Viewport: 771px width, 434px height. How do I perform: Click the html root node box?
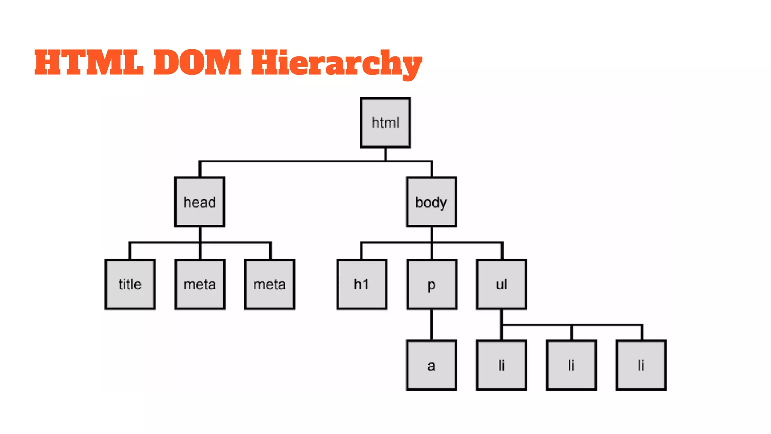pos(385,123)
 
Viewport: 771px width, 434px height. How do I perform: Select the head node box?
pos(200,202)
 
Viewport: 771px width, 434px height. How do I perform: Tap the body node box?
pos(431,202)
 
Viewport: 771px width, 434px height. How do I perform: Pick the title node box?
pos(130,284)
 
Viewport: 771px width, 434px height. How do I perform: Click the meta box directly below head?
pos(200,284)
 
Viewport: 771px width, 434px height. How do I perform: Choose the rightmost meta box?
pos(270,284)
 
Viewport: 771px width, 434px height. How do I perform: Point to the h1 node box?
pos(361,284)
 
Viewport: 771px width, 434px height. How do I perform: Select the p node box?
pos(432,284)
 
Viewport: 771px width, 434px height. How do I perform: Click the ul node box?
pos(501,284)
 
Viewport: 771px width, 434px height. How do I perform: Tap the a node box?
pos(431,365)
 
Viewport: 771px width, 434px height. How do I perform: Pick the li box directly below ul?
pos(501,365)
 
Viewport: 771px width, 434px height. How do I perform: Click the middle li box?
pos(571,365)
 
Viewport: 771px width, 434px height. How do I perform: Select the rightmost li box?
pos(641,365)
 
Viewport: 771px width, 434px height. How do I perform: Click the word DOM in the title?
pos(197,63)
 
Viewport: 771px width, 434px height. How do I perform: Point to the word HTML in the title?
pos(89,63)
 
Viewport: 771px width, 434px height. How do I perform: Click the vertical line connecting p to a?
pos(431,325)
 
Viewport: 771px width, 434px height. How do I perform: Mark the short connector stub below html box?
pos(385,154)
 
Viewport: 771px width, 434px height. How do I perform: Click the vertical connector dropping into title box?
pos(130,251)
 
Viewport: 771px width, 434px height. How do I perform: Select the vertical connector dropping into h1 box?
pos(361,251)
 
